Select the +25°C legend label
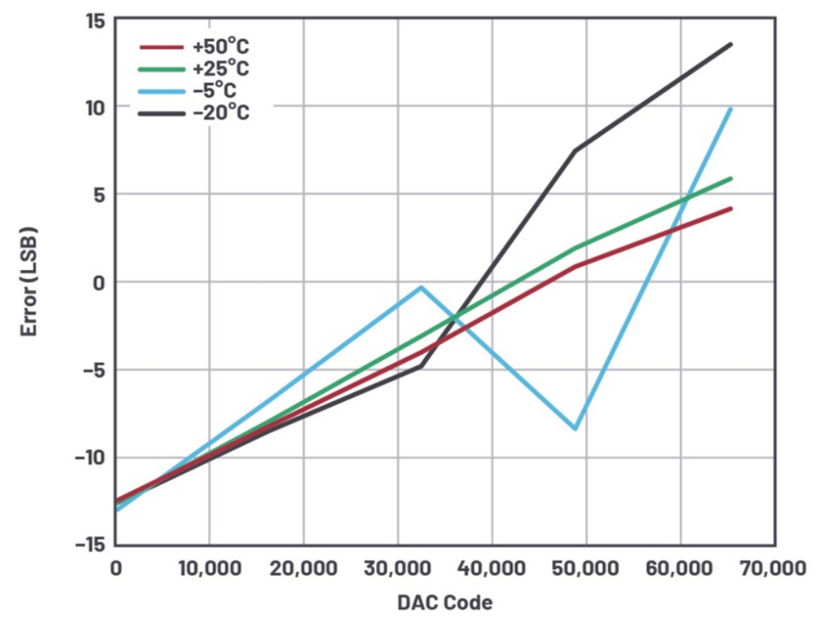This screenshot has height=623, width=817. [221, 70]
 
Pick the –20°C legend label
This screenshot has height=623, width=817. [221, 113]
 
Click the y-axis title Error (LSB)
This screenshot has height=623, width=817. [30, 281]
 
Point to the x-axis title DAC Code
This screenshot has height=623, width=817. [445, 603]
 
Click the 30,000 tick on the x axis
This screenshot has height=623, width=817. [398, 568]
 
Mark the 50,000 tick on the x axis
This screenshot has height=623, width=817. [586, 568]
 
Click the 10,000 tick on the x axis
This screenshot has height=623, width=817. [210, 568]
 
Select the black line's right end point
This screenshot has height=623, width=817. [731, 45]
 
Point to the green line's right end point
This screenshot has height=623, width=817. [731, 178]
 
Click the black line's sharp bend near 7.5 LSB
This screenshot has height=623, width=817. [576, 150]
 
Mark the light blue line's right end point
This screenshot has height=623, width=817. [731, 109]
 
